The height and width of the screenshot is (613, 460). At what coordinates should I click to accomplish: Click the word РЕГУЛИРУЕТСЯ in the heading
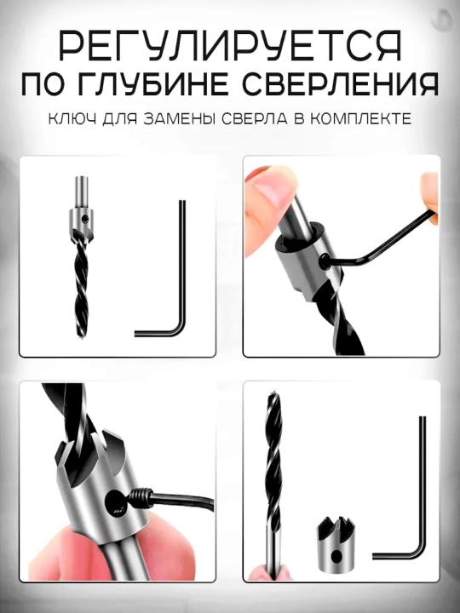point(230,47)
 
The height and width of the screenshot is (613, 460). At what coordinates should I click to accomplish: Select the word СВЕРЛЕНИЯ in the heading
point(340,84)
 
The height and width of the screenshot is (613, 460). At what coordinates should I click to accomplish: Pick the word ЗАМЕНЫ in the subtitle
point(180,118)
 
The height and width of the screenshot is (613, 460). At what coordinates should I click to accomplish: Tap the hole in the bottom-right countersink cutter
point(336,556)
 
